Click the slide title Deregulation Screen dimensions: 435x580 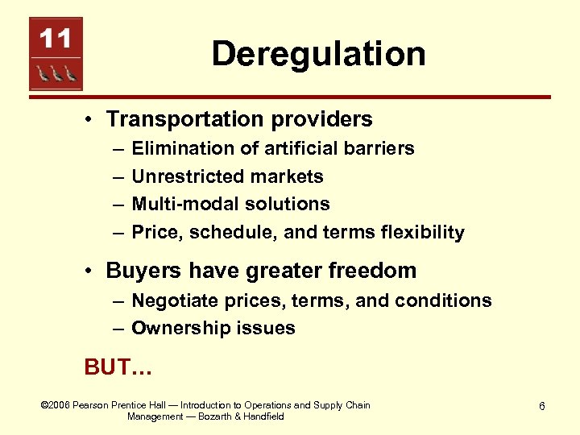pyautogui.click(x=318, y=55)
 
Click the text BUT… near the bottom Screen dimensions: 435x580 pyautogui.click(x=118, y=367)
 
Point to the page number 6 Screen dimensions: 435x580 pyautogui.click(x=542, y=406)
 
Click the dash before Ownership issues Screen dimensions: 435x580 pyautogui.click(x=118, y=328)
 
